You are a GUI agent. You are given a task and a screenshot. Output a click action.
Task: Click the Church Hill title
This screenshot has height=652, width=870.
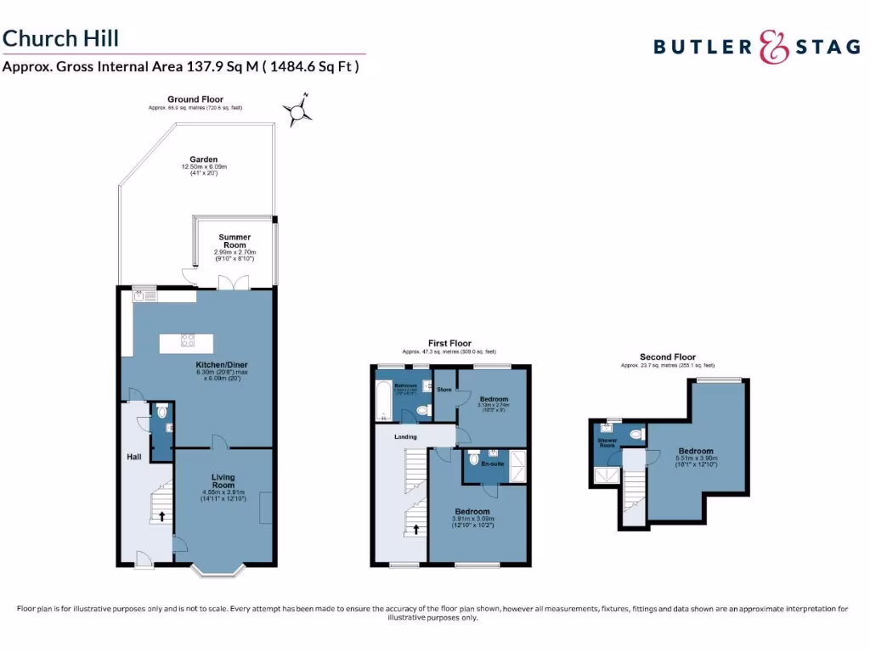(x=60, y=38)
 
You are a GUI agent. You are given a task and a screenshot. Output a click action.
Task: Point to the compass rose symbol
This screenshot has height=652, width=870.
(x=297, y=111)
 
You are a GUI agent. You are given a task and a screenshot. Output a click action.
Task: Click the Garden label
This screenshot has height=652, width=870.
(x=204, y=160)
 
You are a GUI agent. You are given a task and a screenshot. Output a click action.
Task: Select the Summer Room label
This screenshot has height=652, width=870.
(x=234, y=241)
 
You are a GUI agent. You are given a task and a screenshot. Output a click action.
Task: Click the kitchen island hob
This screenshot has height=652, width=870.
(x=187, y=341)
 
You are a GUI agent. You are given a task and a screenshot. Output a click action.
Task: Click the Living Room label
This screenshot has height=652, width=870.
(x=223, y=481)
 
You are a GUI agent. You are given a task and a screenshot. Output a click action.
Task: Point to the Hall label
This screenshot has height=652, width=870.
(x=134, y=458)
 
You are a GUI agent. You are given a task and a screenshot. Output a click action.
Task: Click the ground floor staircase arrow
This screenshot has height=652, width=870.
(x=162, y=516)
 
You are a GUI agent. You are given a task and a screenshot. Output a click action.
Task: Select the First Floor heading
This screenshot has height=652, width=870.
(x=449, y=343)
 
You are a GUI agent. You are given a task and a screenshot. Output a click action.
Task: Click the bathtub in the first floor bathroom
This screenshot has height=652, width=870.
(x=382, y=401)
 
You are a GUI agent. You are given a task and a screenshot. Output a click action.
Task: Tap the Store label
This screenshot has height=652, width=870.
(x=443, y=390)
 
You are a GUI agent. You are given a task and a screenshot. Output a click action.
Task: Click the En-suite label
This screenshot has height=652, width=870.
(x=493, y=464)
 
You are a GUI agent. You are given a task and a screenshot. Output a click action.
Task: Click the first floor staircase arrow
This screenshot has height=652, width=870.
(x=415, y=529)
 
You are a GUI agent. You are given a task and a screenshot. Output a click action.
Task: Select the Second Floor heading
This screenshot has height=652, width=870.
(x=667, y=357)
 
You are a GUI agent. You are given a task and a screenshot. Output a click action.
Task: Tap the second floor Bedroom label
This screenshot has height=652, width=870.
(x=696, y=452)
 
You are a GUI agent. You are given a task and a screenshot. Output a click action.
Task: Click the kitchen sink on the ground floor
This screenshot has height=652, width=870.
(x=137, y=296)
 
